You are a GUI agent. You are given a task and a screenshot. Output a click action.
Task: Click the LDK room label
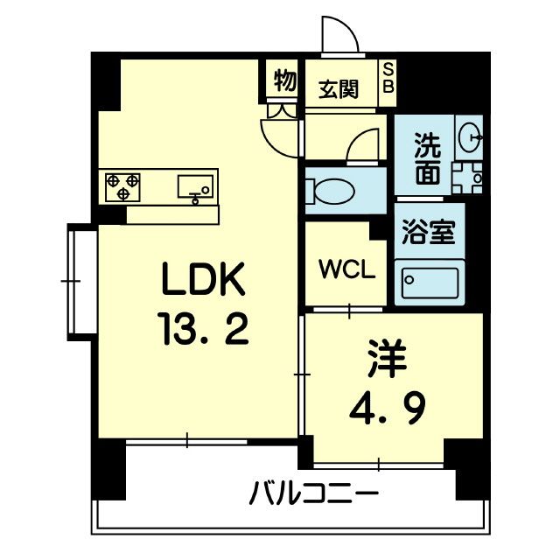pyautogui.click(x=203, y=281)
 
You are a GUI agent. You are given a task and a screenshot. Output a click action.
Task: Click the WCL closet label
pyautogui.click(x=346, y=269)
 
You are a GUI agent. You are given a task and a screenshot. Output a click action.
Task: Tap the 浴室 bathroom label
pyautogui.click(x=428, y=234)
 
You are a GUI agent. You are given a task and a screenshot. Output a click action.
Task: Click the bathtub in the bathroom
pyautogui.click(x=429, y=282)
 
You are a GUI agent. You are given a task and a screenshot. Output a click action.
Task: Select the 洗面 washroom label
pyautogui.click(x=427, y=159)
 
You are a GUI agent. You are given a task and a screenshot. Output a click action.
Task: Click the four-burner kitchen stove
pyautogui.click(x=123, y=185)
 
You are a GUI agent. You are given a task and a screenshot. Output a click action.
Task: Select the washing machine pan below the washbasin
pyautogui.click(x=467, y=177)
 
